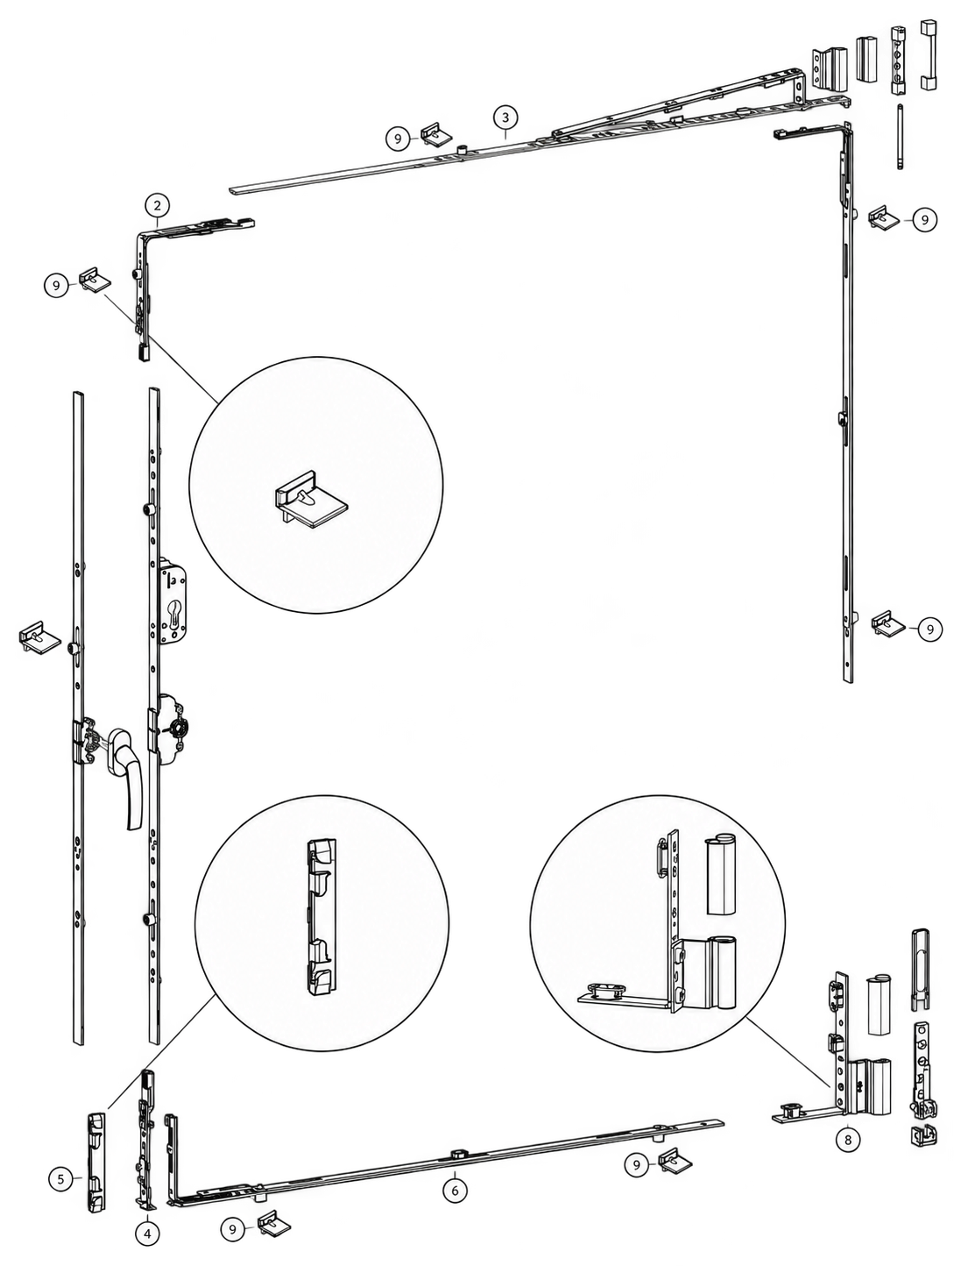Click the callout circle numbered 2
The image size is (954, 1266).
[x=157, y=205]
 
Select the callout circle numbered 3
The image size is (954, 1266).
[x=505, y=117]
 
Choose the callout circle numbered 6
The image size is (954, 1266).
[x=455, y=1190]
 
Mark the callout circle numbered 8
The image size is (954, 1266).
[x=848, y=1139]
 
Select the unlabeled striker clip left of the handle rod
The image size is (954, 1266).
[x=39, y=636]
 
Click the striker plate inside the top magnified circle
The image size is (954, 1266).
[x=311, y=498]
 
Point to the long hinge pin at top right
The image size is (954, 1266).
[x=900, y=136]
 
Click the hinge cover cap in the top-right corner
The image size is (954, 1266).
[x=928, y=55]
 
